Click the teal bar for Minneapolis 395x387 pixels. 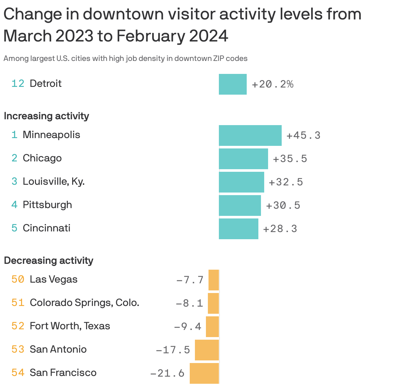pos(250,135)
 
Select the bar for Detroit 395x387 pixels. pos(232,84)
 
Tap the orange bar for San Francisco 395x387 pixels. pos(204,373)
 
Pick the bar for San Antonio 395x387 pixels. pos(207,350)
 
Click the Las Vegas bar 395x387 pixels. pos(214,280)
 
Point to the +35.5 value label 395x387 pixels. pos(290,159)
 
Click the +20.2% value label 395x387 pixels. pos(273,84)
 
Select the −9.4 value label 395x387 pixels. pos(188,327)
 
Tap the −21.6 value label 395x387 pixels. pos(167,373)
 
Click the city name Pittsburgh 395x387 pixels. pos(47,205)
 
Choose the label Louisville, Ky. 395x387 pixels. pos(54,182)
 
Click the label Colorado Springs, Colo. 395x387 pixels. pos(85,303)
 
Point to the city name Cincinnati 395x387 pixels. pos(47,228)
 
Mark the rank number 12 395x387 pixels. pos(18,84)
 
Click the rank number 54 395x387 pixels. pos(18,373)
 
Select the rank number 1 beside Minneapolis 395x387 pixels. pos(14,135)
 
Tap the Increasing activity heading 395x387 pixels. pos(46,116)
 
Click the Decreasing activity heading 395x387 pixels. pos(49,261)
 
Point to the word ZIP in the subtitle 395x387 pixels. pos(219,59)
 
